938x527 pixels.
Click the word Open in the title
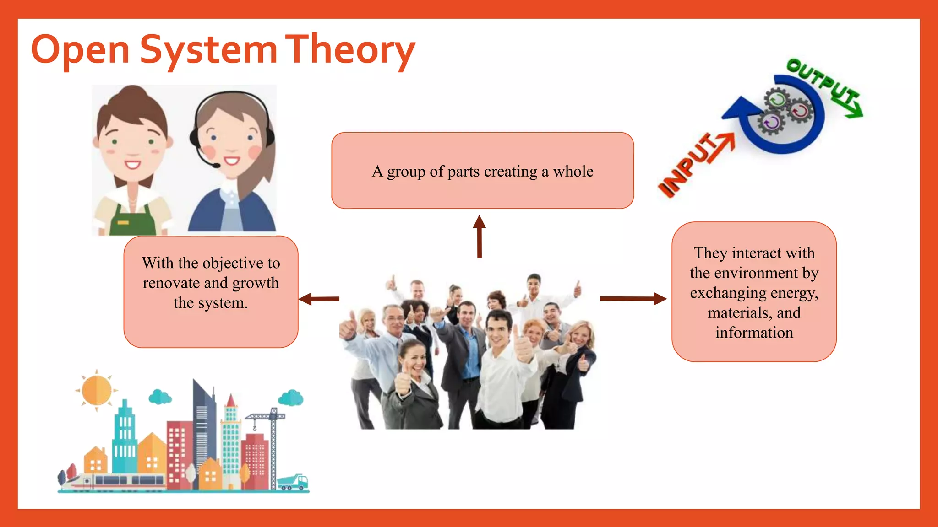[80, 50]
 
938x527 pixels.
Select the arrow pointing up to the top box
[479, 237]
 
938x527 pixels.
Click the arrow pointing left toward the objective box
[319, 299]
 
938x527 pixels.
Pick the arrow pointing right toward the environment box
[633, 299]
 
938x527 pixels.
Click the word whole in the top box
[573, 172]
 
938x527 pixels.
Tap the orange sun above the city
[97, 390]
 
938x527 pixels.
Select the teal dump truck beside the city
[293, 481]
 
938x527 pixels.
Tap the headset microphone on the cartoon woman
[215, 165]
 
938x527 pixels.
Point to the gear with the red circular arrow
[800, 110]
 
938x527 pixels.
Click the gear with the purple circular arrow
[771, 122]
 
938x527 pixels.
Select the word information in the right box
[754, 333]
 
